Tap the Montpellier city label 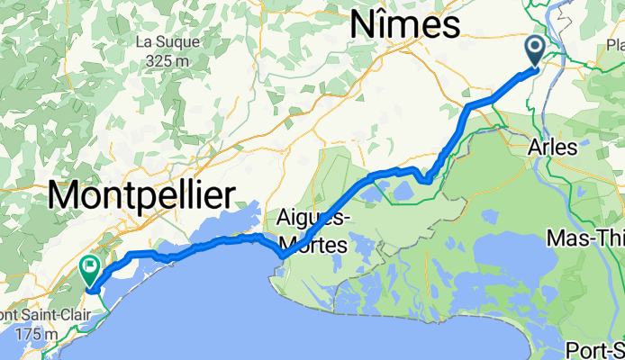(140, 194)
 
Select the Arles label (552, 148)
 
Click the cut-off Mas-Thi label (585, 238)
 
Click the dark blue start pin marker (534, 49)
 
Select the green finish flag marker (90, 267)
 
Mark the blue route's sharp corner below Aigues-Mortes (282, 256)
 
